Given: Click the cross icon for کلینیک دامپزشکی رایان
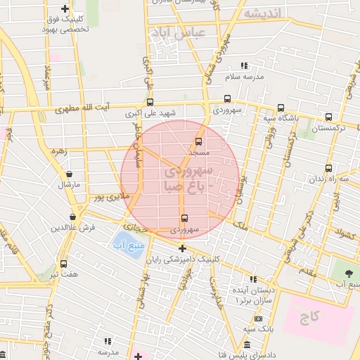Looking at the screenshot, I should tap(182, 248).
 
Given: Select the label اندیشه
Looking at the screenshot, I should tap(262, 13).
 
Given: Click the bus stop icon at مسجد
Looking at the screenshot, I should tap(199, 141).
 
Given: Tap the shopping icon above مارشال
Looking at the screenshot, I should tap(69, 174).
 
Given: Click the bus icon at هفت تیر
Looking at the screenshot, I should tap(64, 264).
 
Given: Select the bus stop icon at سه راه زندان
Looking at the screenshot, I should tap(328, 169).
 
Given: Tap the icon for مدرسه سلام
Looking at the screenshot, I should tap(244, 65).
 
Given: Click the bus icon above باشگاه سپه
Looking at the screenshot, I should tap(281, 108).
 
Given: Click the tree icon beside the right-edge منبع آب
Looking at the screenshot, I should tap(348, 271).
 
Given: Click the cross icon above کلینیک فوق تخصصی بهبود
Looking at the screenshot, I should tap(65, 9).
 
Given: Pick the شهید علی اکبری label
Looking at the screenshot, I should tap(150, 112).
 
